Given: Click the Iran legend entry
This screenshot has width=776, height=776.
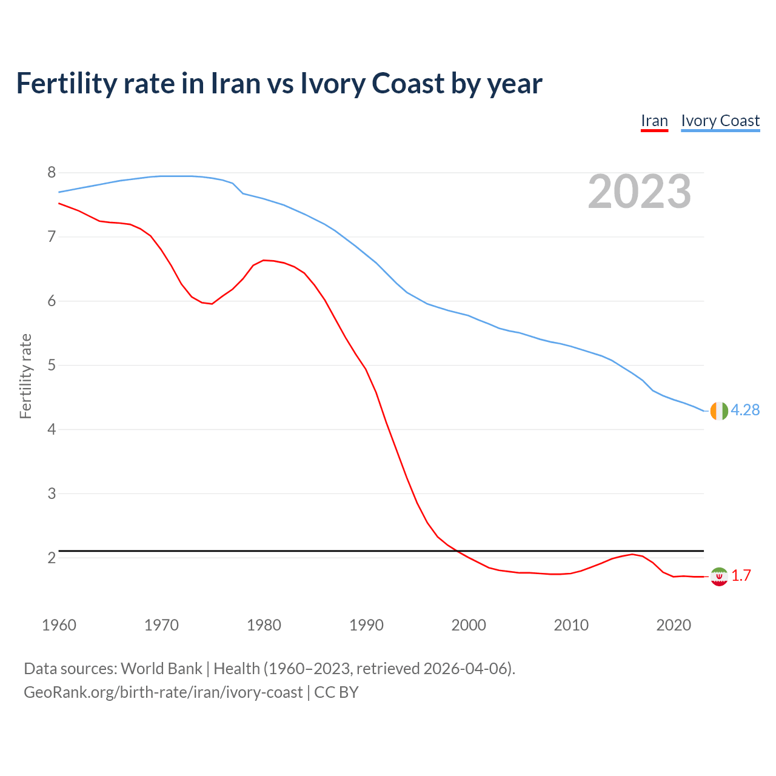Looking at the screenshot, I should (654, 121).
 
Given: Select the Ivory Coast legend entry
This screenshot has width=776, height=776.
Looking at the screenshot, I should (720, 121).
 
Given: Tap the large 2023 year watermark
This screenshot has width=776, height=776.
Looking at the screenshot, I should (640, 192).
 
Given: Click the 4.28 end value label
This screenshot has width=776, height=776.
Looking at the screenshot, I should (745, 410).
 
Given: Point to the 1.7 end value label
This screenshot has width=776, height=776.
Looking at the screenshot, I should (741, 576).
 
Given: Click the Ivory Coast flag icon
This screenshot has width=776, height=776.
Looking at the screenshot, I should (719, 411).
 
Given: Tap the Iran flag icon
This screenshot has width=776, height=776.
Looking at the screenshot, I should (719, 577).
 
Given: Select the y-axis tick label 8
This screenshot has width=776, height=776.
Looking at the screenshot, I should (52, 173).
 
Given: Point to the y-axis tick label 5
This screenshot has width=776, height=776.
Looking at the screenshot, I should (52, 366).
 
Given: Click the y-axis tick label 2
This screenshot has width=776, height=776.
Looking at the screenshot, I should (52, 558).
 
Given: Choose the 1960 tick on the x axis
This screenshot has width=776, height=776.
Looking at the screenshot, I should (59, 625).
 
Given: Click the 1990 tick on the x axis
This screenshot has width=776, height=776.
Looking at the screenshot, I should (366, 625).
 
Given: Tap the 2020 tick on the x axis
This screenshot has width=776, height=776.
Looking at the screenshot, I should (674, 625).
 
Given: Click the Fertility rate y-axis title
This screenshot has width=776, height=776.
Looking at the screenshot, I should (25, 376).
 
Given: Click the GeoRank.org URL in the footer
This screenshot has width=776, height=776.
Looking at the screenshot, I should (162, 692).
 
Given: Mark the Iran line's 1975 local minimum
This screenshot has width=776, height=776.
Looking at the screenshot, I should (212, 304).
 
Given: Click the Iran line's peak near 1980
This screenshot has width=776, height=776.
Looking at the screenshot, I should (263, 260).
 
